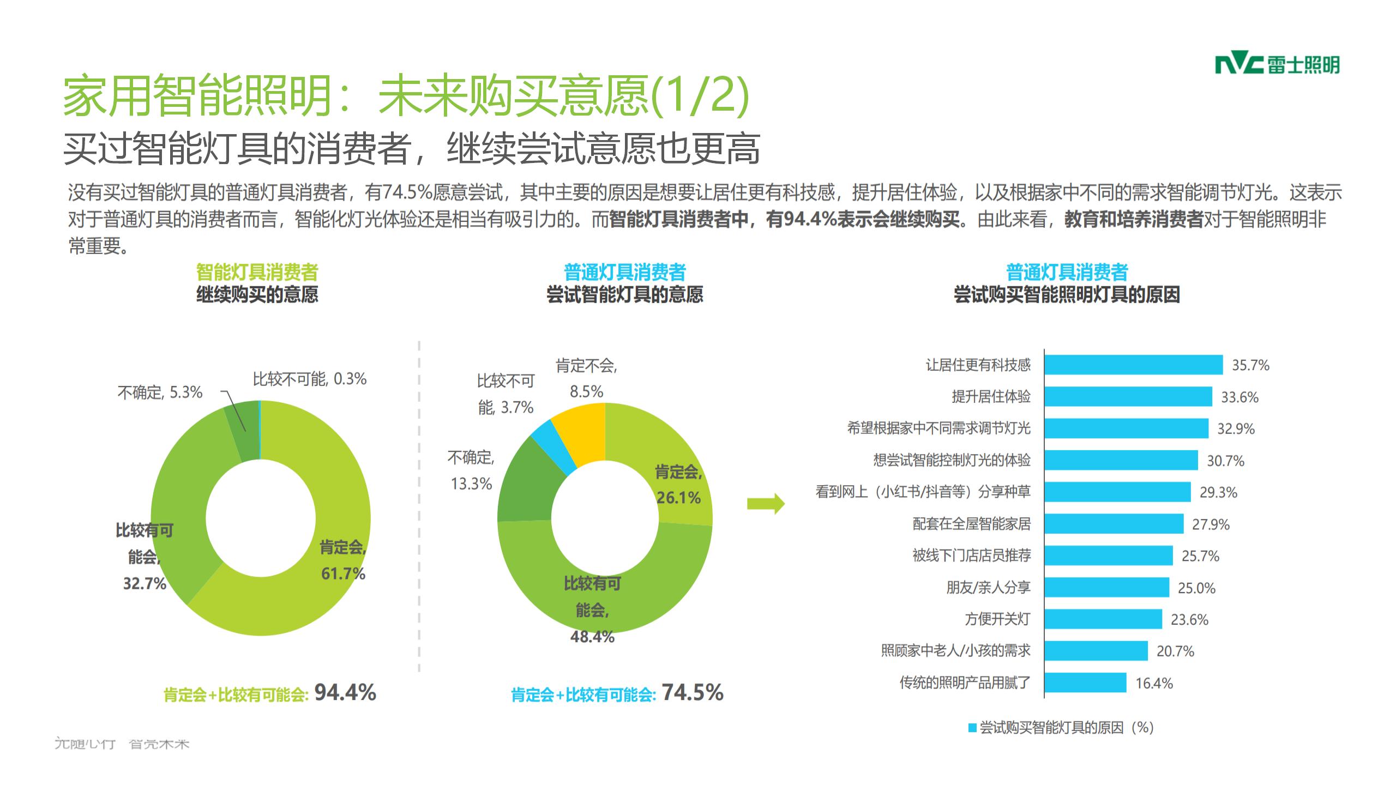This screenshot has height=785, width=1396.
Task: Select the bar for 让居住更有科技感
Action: click(1133, 365)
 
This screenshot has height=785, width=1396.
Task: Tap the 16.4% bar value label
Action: click(1154, 683)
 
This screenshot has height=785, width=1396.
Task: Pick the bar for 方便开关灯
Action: click(1103, 619)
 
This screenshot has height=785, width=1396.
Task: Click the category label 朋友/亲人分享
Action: click(988, 588)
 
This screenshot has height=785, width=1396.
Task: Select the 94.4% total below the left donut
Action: click(345, 692)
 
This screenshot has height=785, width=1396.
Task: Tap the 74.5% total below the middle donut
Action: click(693, 692)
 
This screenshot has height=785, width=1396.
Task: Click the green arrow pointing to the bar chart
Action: click(766, 504)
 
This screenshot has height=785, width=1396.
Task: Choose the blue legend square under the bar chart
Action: click(972, 728)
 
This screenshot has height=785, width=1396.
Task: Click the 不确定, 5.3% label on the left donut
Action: click(160, 392)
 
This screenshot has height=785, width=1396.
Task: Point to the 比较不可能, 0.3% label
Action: click(309, 379)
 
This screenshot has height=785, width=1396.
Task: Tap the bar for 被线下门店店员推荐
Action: click(1108, 555)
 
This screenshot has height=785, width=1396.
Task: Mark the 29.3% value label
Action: click(1218, 492)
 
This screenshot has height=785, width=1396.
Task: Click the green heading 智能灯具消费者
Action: click(257, 271)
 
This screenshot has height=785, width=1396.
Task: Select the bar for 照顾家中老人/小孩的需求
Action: click(1096, 651)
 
